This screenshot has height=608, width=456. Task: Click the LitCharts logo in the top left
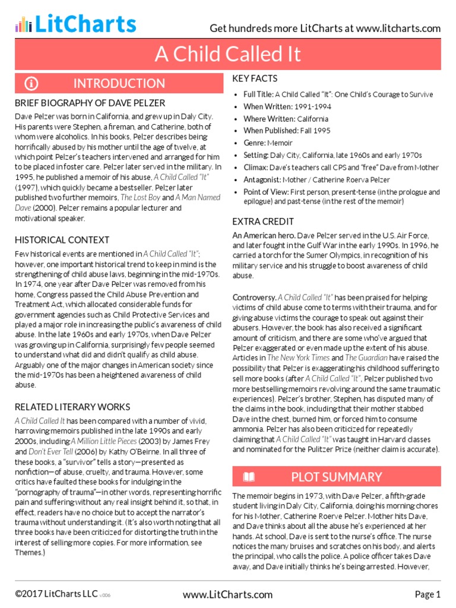[x=76, y=24]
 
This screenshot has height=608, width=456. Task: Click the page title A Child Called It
[x=228, y=55]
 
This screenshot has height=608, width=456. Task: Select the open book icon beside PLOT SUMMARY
[x=249, y=477]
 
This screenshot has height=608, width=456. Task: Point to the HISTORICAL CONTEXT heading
[x=62, y=240]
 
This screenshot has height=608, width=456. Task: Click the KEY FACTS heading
[x=255, y=78]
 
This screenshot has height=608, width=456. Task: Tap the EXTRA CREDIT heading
[x=262, y=221]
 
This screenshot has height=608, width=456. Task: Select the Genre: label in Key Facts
[x=256, y=143]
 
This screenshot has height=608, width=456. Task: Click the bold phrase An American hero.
[x=262, y=236]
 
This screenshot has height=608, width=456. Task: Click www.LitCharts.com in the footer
[x=227, y=594]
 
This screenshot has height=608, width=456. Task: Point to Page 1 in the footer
[x=427, y=594]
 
